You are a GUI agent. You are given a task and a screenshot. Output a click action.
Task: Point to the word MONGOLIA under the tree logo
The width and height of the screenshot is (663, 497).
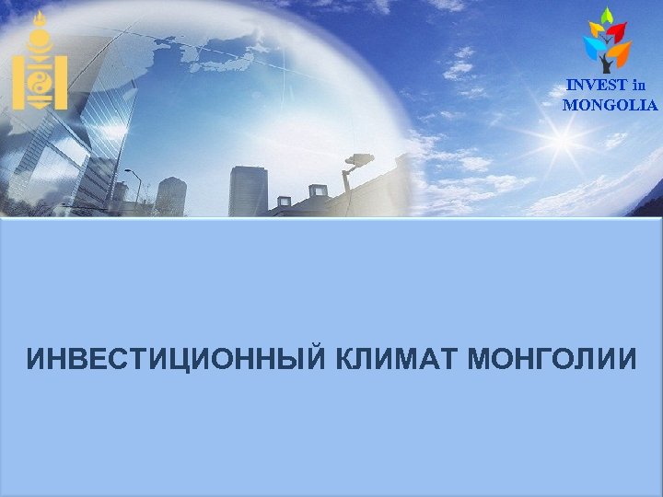[611, 105]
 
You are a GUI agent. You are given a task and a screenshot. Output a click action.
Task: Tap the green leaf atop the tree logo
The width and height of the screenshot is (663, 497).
[606, 16]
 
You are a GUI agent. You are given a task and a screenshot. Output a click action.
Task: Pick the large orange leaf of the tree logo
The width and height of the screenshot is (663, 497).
[621, 52]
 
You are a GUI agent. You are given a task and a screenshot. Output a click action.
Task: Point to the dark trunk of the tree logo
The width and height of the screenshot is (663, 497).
[607, 64]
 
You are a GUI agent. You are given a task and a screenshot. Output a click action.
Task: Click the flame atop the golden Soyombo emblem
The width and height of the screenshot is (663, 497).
[39, 19]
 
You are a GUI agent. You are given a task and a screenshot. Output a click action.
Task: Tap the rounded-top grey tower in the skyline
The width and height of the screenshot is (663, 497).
[171, 195]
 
